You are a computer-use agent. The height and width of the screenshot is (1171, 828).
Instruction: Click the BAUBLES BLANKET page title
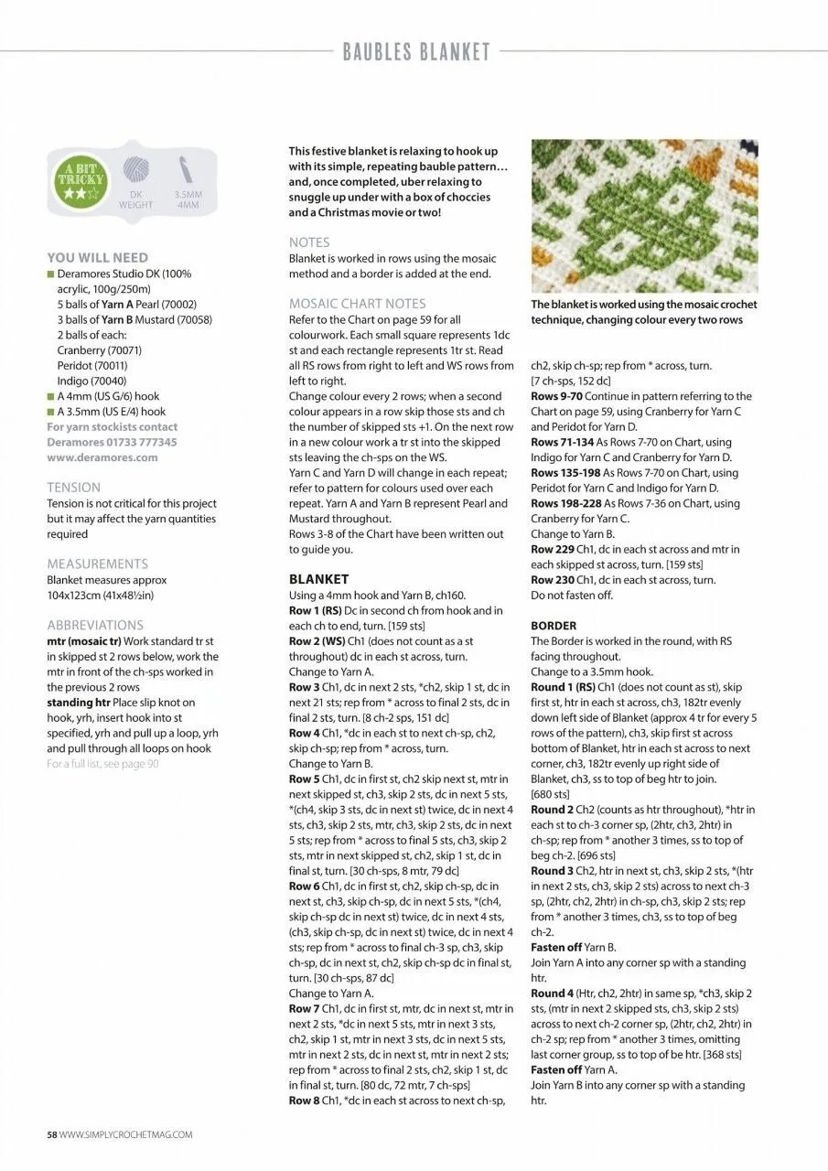point(416,52)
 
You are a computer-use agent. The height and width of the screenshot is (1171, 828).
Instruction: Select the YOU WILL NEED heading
point(97,258)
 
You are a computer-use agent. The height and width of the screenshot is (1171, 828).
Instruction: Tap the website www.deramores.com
point(102,457)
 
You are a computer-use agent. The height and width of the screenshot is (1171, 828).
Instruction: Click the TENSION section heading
point(73,488)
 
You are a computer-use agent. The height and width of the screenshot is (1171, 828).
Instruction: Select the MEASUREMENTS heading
point(97,564)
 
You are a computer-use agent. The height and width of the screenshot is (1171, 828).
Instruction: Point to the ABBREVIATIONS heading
point(95,625)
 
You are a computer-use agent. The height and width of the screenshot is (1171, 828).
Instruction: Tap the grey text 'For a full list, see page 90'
point(102,764)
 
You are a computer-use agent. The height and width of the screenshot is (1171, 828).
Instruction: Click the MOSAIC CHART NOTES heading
point(357,304)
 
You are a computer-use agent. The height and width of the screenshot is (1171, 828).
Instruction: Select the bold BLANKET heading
point(318,579)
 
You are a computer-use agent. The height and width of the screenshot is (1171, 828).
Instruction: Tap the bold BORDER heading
point(554,626)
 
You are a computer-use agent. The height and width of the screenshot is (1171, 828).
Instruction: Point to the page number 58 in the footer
point(52,1134)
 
